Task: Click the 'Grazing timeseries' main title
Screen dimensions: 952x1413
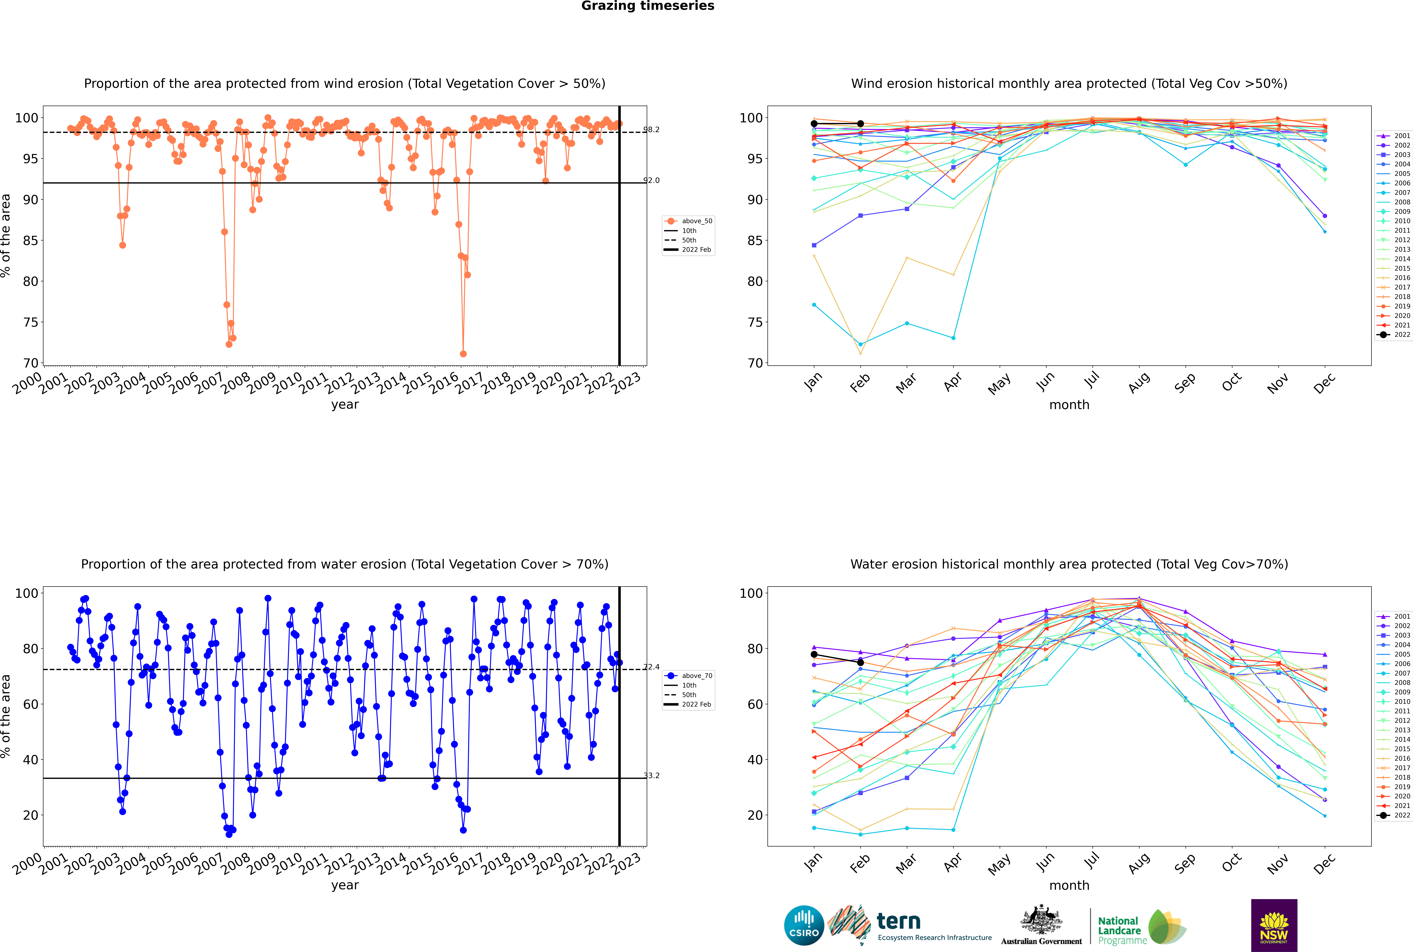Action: (648, 6)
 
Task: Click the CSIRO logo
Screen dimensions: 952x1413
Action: (804, 925)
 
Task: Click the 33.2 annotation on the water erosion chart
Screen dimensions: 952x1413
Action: (651, 775)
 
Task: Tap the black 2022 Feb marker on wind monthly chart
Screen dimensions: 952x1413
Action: (860, 124)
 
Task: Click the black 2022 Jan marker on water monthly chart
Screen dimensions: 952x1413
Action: (814, 655)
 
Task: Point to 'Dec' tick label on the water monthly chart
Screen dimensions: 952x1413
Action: (1324, 863)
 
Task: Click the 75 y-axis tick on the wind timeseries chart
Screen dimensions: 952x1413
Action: (30, 322)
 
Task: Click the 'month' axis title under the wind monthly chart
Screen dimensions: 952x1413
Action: (1069, 405)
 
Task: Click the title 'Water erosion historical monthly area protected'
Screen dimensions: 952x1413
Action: (1069, 564)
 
